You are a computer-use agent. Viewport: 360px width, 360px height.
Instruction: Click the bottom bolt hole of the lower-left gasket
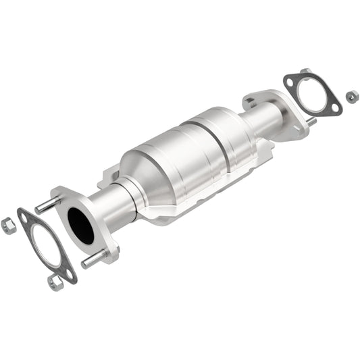click(x=68, y=272)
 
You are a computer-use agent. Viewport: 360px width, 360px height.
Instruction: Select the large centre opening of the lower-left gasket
click(x=45, y=245)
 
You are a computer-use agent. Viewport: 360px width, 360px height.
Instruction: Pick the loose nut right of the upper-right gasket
click(x=352, y=97)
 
